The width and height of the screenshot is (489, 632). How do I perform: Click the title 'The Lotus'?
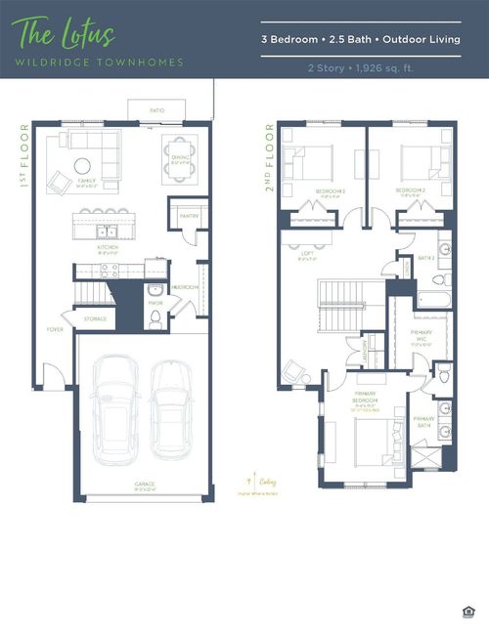coord(66,36)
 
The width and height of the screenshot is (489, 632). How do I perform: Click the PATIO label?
coord(156,111)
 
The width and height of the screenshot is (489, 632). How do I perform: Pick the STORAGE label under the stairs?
coord(95,318)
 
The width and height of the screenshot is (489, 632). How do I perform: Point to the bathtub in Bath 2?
coord(434,298)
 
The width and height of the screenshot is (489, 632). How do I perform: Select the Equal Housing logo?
coord(467,611)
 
